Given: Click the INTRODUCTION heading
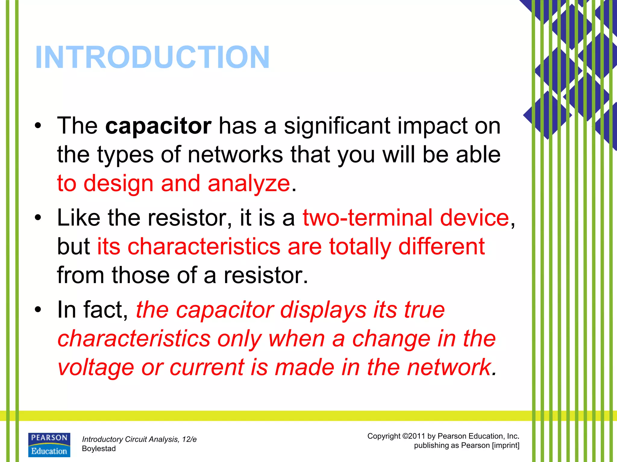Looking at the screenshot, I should coord(152,57).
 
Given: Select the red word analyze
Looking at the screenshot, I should coord(249,183).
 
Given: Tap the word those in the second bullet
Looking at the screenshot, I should coord(141,275).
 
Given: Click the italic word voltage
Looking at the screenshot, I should coord(96,368).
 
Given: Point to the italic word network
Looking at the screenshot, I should coord(449,368).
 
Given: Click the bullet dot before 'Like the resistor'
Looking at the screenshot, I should coord(37,218).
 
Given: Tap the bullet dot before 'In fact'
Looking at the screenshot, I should coord(37,310).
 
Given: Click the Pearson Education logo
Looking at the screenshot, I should coord(49,445).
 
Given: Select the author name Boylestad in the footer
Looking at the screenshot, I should coord(99,449).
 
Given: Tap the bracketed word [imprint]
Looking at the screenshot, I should coord(505,445).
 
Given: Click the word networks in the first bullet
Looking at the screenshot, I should coord(235,155).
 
